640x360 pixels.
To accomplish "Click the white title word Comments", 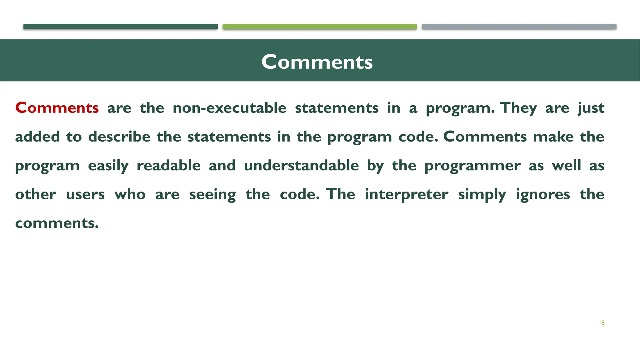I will pyautogui.click(x=317, y=62).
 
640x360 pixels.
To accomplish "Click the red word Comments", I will pyautogui.click(x=57, y=108).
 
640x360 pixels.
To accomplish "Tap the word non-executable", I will pyautogui.click(x=229, y=108).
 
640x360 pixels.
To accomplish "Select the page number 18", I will pyautogui.click(x=602, y=323).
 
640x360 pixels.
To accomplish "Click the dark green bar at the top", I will pyautogui.click(x=120, y=27).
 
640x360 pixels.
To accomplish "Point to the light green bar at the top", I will pyautogui.click(x=320, y=27).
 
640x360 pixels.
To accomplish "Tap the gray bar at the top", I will pyautogui.click(x=519, y=27).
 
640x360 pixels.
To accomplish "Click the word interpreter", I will pyautogui.click(x=407, y=194).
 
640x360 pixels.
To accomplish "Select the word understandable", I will pyautogui.click(x=301, y=165).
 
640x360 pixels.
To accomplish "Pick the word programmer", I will pyautogui.click(x=472, y=166).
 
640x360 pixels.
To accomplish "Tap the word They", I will pyautogui.click(x=518, y=108).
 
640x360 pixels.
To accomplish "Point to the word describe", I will pyautogui.click(x=119, y=137).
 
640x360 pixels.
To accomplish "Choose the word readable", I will pyautogui.click(x=168, y=165).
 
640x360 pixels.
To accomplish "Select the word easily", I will pyautogui.click(x=108, y=166).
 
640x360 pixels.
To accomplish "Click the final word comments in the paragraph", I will pyautogui.click(x=57, y=223).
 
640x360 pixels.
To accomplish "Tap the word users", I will pyautogui.click(x=85, y=194).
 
